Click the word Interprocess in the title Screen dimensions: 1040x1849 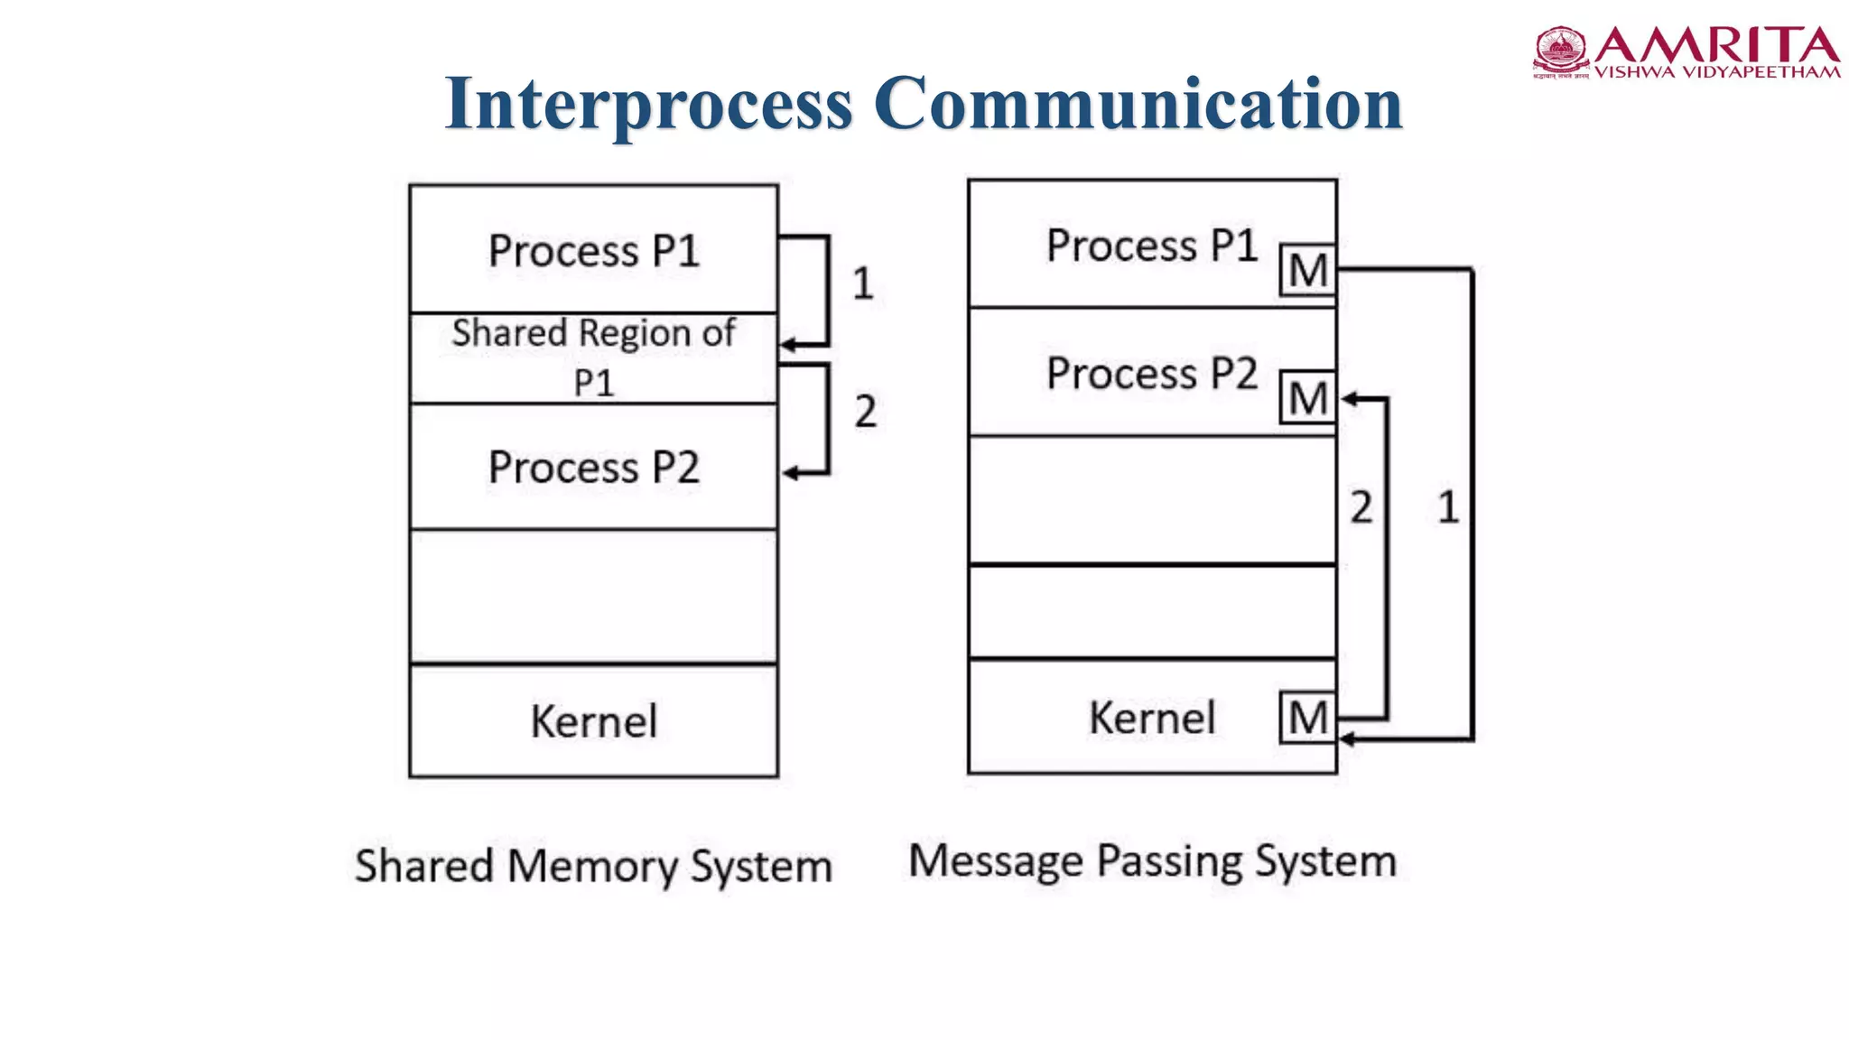pyautogui.click(x=648, y=104)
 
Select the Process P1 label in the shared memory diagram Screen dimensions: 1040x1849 pyautogui.click(x=594, y=250)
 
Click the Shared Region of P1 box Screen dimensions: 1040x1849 pyautogui.click(x=594, y=357)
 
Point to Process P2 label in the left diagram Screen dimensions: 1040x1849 pyautogui.click(x=594, y=467)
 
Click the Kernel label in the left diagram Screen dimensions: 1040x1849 pyautogui.click(x=594, y=720)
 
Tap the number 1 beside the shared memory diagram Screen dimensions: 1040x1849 pyautogui.click(x=862, y=283)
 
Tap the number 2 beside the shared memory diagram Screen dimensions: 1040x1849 pyautogui.click(x=865, y=412)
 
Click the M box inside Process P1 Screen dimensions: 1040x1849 pyautogui.click(x=1307, y=270)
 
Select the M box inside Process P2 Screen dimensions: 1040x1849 pyautogui.click(x=1307, y=398)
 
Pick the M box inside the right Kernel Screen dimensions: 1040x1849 pyautogui.click(x=1307, y=718)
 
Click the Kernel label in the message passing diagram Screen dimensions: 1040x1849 pyautogui.click(x=1152, y=718)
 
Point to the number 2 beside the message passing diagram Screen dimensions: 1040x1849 pyautogui.click(x=1361, y=506)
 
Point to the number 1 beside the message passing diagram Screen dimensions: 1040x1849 pyautogui.click(x=1447, y=506)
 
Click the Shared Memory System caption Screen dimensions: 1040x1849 pyautogui.click(x=593, y=866)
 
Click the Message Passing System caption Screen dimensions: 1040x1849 pyautogui.click(x=1152, y=860)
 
